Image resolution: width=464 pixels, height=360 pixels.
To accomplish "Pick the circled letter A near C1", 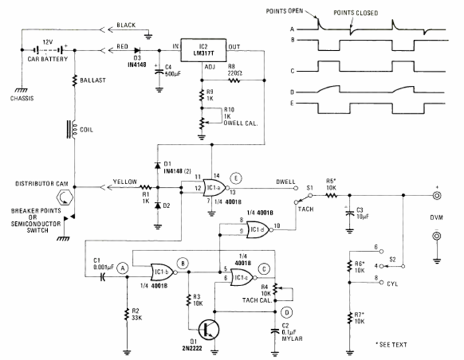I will coord(123,267).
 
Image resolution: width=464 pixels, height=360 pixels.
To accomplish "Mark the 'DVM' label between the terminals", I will coord(435,218).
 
